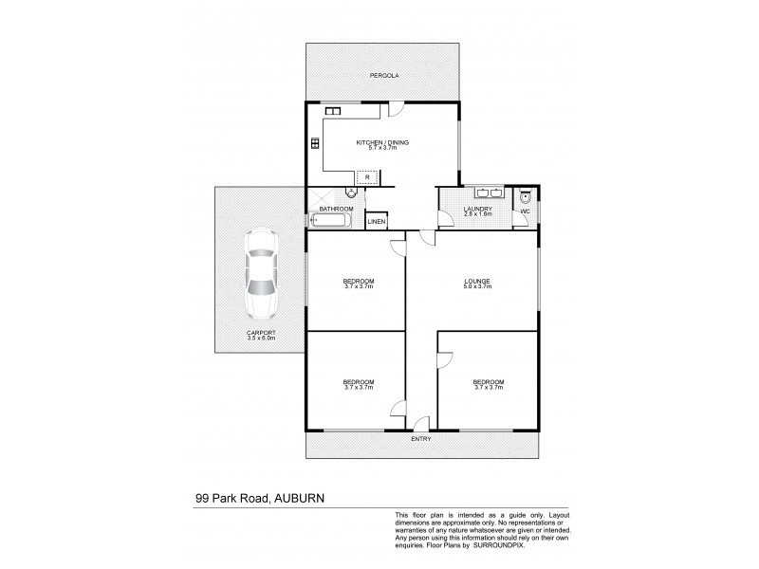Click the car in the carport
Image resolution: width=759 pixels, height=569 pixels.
(x=259, y=277)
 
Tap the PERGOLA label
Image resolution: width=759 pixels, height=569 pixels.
(x=381, y=73)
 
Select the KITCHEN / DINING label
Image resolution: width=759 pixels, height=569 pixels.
(x=381, y=142)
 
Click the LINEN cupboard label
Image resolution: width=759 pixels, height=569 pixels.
(x=377, y=222)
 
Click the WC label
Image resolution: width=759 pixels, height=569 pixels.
(x=525, y=211)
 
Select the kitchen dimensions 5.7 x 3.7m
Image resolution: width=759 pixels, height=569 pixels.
(x=381, y=148)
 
